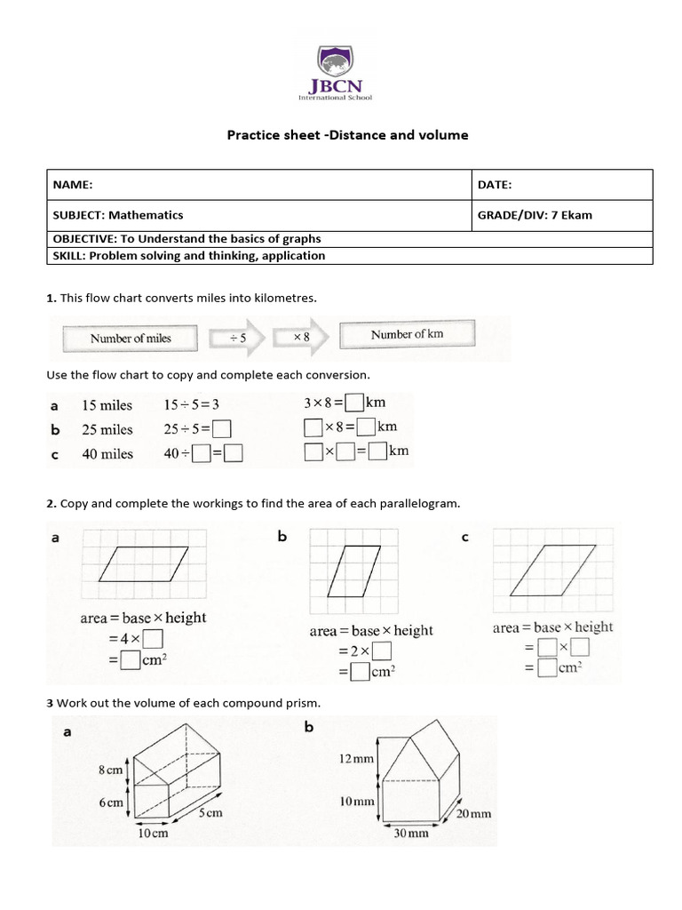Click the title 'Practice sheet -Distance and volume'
coord(346,135)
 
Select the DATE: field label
coord(495,185)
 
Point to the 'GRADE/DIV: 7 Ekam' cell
coord(535,215)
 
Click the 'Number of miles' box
coord(130,338)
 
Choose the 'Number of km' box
coord(407,335)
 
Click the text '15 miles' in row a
coord(107,405)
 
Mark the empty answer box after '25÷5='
coord(222,430)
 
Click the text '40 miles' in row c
coord(107,454)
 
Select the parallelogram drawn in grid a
coord(145,564)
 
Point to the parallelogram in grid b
coord(348,569)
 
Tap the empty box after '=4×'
coord(153,639)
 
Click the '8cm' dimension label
coord(110,770)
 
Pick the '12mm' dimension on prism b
coord(351,759)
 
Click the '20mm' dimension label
coord(474,813)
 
